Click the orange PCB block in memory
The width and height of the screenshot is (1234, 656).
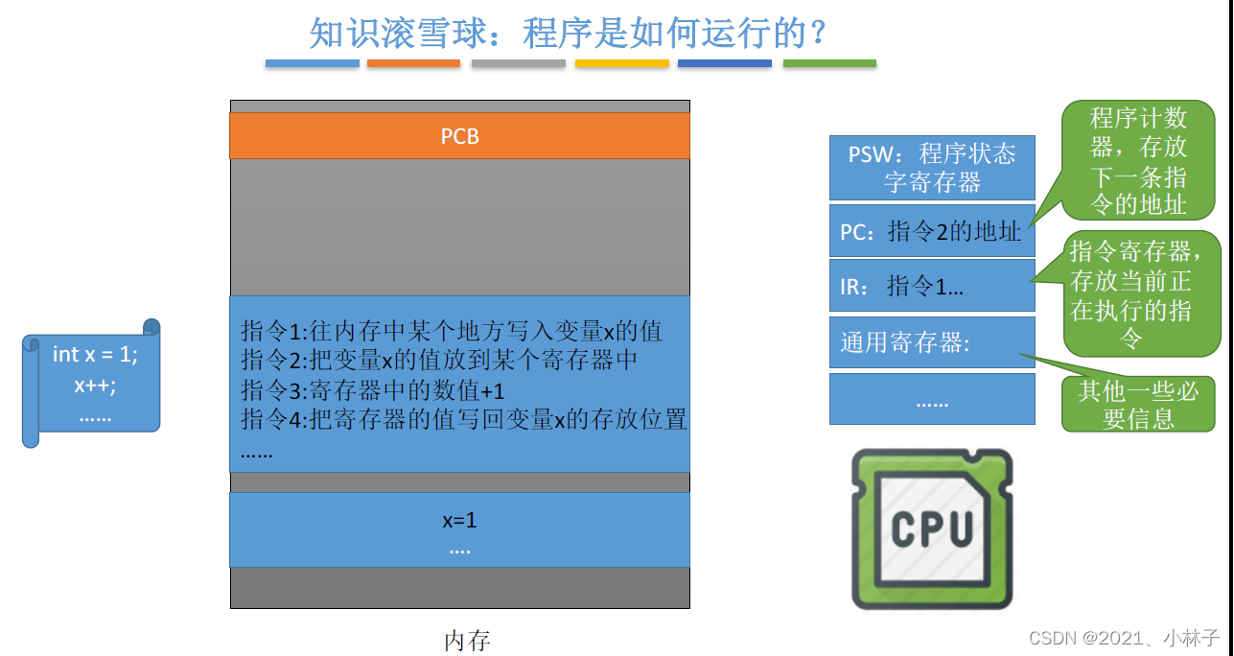[459, 136]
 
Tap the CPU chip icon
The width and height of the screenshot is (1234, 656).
[931, 528]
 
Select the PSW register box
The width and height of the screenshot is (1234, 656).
[931, 167]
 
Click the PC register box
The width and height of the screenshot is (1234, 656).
[931, 230]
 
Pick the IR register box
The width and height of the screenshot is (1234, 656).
[931, 285]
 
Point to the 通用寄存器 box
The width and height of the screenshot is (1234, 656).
[931, 342]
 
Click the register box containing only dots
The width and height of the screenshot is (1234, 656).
[931, 399]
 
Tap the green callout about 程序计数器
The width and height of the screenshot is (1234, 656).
[1138, 160]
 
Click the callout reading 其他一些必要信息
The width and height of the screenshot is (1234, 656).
[1138, 404]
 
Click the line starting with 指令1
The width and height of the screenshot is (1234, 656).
[452, 332]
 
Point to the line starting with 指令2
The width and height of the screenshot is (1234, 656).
[439, 361]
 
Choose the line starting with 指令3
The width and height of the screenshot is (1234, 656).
[373, 390]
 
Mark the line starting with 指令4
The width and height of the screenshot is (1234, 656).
[464, 419]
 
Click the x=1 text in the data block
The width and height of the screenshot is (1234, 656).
[459, 521]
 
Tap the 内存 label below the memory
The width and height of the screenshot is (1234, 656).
[467, 640]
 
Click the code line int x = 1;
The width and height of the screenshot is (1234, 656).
[95, 355]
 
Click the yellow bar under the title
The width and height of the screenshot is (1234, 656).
[621, 63]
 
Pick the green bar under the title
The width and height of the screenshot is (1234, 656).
[829, 63]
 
